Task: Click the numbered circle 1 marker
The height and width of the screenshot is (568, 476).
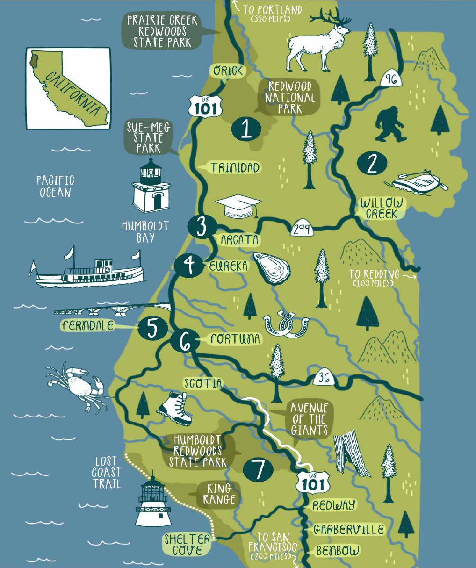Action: pyautogui.click(x=246, y=129)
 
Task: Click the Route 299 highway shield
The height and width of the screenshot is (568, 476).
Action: pyautogui.click(x=301, y=229)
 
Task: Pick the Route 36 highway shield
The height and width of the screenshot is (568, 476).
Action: pyautogui.click(x=324, y=377)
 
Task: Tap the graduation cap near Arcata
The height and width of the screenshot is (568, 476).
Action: pyautogui.click(x=238, y=206)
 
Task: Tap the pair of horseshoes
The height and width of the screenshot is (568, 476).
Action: pyautogui.click(x=285, y=324)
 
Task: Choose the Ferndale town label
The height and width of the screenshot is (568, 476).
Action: pyautogui.click(x=87, y=325)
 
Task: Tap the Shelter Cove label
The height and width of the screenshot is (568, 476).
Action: pyautogui.click(x=188, y=545)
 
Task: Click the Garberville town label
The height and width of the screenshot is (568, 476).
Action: pyautogui.click(x=349, y=529)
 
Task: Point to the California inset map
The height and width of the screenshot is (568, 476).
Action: pyautogui.click(x=68, y=88)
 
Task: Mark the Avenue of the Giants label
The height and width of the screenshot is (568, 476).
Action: pyautogui.click(x=309, y=419)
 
